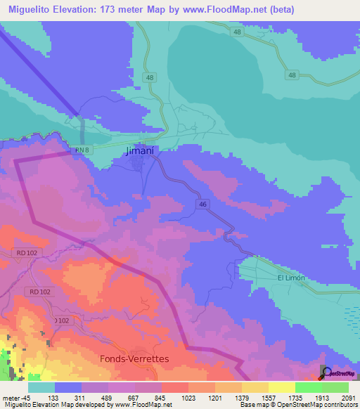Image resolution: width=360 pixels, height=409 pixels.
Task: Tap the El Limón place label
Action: pos(290,278)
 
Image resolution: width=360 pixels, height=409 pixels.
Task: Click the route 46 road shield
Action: pos(202,204)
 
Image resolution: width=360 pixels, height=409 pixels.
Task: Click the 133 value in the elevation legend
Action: pos(68,397)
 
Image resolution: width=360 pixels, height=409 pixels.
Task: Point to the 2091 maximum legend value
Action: pos(347,397)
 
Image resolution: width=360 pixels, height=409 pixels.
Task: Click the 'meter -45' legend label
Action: pos(15,397)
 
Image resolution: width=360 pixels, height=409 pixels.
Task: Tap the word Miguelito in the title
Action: pos(29,10)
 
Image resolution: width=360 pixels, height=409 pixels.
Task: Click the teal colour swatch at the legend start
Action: pos(41,387)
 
